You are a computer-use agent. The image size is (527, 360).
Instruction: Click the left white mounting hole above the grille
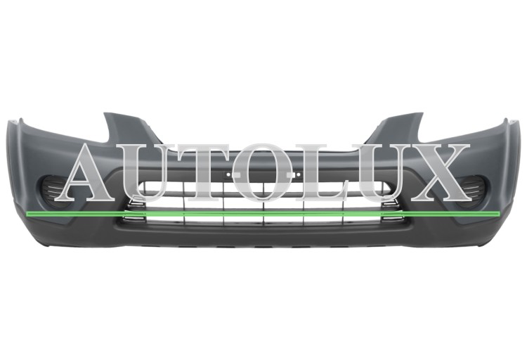228,175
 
